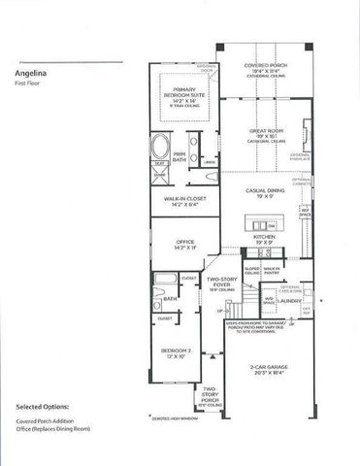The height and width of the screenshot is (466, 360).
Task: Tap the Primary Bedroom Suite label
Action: coord(179,94)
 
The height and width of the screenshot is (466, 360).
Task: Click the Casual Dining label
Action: coord(264,192)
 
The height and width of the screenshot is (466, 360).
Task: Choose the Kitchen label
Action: coord(264,237)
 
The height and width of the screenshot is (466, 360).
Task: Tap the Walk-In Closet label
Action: coord(182,201)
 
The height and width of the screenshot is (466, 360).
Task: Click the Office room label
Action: coord(182,245)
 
